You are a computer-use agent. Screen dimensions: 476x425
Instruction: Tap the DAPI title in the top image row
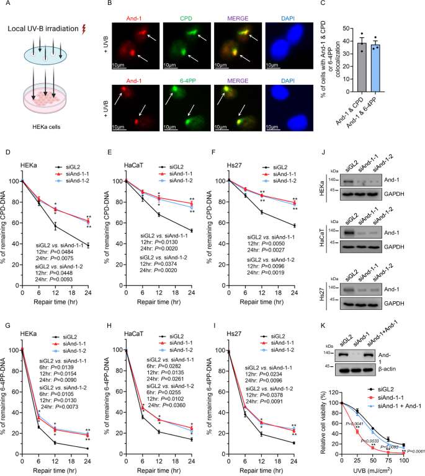[286, 9]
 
